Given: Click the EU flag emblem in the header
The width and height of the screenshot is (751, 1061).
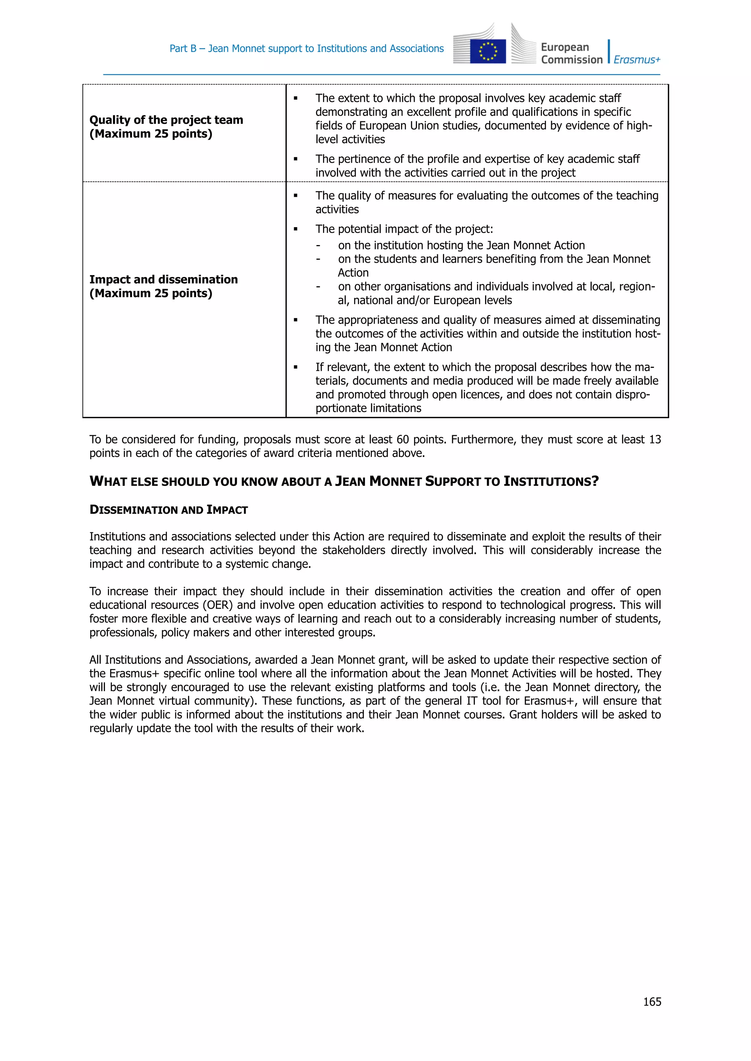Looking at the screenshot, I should [x=487, y=51].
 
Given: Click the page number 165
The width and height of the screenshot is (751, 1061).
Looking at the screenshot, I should [x=652, y=1001].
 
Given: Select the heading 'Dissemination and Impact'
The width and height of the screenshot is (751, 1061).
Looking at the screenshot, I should [x=168, y=510].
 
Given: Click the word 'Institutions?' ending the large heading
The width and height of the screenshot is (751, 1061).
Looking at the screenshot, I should [x=551, y=481].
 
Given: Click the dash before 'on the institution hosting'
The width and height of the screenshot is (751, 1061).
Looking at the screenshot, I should [x=318, y=245].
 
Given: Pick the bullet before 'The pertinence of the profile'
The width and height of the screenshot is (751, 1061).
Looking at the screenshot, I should [x=296, y=159].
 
